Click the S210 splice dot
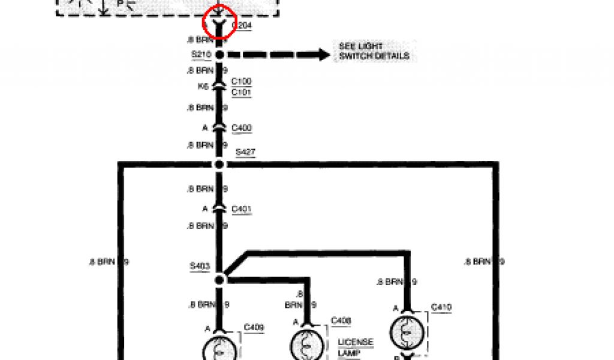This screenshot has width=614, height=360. point(219,55)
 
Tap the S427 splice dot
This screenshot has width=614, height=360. point(219,164)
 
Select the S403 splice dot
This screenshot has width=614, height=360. point(219,278)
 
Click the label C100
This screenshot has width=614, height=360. point(241,81)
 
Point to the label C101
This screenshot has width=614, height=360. point(241,92)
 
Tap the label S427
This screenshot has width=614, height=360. point(245,152)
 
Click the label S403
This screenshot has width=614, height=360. point(200,266)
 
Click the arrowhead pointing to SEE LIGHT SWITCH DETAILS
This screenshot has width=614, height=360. point(324,55)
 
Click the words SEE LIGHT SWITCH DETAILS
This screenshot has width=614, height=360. point(374,52)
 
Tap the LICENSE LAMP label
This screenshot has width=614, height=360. point(356,347)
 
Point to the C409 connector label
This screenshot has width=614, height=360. point(254,328)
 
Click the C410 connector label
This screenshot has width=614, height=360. point(441,308)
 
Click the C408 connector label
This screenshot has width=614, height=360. point(341,321)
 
